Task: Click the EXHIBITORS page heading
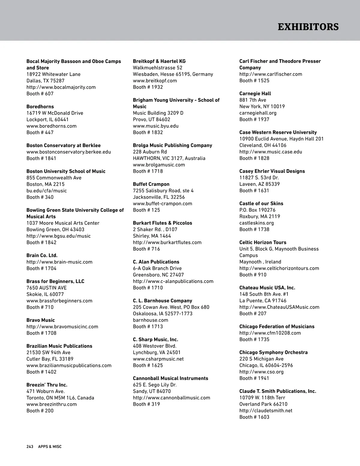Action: [x=308, y=27]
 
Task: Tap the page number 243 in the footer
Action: [x=30, y=446]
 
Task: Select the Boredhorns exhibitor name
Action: [x=40, y=107]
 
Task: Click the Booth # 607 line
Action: [x=40, y=94]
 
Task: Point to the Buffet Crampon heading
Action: [x=151, y=184]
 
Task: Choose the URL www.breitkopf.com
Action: [x=155, y=81]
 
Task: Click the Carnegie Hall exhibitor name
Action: [x=255, y=94]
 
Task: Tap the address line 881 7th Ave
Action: [x=253, y=100]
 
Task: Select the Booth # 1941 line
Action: [x=254, y=378]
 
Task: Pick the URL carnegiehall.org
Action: [x=258, y=113]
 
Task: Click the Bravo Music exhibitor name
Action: [x=40, y=320]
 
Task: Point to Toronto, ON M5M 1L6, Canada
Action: [x=60, y=398]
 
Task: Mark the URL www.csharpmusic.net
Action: [x=158, y=359]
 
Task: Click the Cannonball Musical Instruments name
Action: [x=170, y=378]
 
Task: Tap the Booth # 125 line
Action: [x=146, y=210]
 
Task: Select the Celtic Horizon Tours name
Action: [x=263, y=242]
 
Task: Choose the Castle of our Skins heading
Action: [x=261, y=203]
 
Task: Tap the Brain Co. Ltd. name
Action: [x=42, y=255]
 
